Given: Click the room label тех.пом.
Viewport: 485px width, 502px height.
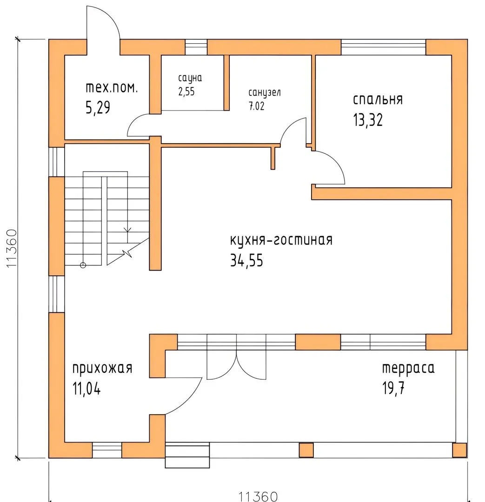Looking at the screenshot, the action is tap(112, 88).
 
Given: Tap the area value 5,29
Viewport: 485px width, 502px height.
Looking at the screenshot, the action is tap(98, 107).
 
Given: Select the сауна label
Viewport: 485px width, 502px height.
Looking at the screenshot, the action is tap(190, 78).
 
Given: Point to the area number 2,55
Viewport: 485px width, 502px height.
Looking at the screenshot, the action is tap(186, 92).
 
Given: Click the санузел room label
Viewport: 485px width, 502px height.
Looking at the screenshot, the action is tap(265, 93).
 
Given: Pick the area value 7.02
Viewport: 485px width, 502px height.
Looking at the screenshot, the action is tap(257, 106).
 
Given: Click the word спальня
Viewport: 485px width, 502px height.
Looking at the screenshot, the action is tap(378, 99).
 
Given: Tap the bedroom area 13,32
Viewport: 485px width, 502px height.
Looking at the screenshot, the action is tap(368, 120).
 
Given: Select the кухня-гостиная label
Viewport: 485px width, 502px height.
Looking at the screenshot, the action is tap(281, 240).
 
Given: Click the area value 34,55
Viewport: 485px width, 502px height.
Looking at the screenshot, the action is tap(246, 260).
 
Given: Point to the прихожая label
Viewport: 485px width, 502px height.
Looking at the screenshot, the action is tap(102, 368).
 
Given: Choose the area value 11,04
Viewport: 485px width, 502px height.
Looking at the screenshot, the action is tap(86, 389).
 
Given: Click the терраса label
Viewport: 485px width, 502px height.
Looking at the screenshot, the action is tap(408, 368).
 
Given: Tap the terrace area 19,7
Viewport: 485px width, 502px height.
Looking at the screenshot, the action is tap(393, 388).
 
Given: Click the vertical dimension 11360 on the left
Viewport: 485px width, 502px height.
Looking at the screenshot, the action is tap(12, 248).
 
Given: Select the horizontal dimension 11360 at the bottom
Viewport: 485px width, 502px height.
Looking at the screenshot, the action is tap(258, 496).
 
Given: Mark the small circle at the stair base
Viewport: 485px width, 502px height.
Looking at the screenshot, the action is tap(83, 265).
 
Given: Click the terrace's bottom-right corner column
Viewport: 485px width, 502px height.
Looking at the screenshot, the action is tap(460, 450).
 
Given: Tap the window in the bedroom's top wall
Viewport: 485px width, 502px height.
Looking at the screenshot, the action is tap(384, 47).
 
